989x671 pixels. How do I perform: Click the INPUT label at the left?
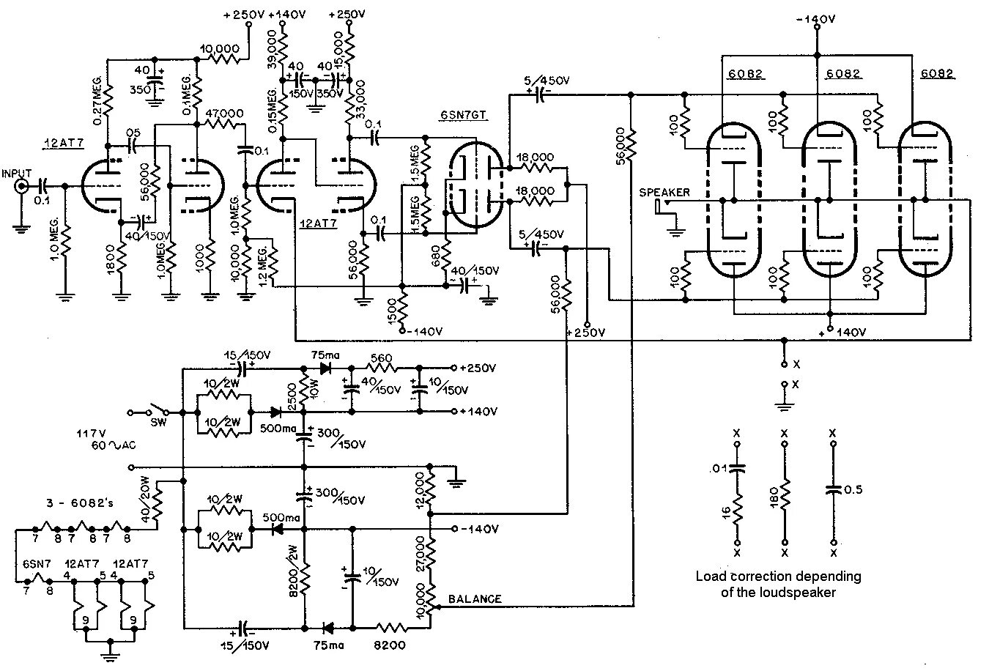[x=17, y=174]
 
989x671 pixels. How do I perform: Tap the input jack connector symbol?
[x=22, y=187]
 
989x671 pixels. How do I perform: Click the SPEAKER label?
[x=664, y=193]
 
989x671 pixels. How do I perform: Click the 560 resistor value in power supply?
[x=382, y=357]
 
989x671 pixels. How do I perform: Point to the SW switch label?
[x=158, y=423]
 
